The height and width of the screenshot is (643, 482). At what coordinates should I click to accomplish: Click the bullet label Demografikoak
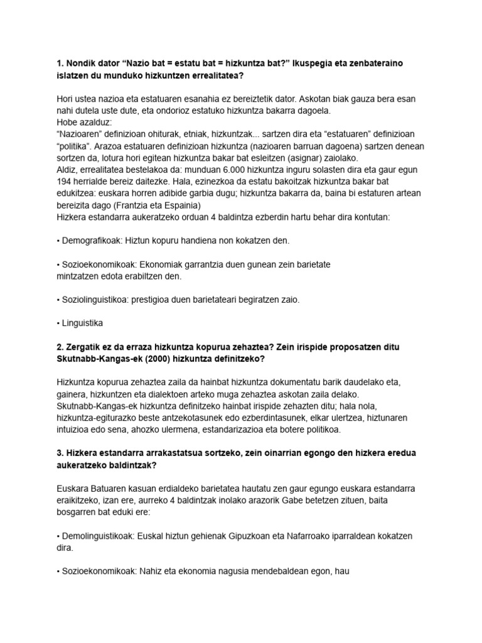click(92, 240)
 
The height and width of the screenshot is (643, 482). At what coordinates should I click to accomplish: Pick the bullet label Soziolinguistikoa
click(94, 300)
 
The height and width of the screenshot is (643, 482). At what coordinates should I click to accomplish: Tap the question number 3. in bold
click(61, 453)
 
